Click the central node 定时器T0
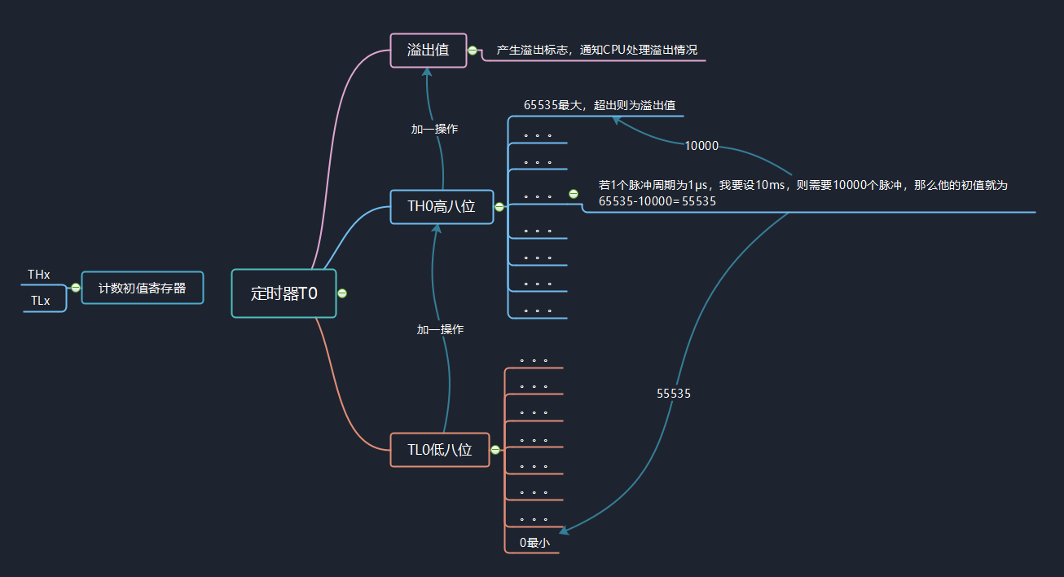[x=284, y=293]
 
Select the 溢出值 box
[x=429, y=51]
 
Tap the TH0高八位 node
[x=442, y=207]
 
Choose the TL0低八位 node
[x=440, y=450]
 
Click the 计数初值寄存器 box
[x=143, y=288]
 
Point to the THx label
[x=39, y=275]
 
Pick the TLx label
[x=40, y=301]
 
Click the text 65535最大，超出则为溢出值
[x=600, y=105]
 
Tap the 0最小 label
[x=534, y=543]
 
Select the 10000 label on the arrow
[x=701, y=146]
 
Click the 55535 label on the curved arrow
[x=674, y=394]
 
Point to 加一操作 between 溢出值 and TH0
[x=434, y=130]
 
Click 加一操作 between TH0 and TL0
[x=440, y=330]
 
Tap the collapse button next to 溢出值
[x=473, y=51]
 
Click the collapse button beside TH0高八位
[x=499, y=207]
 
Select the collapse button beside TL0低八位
[x=495, y=450]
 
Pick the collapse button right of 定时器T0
[x=342, y=293]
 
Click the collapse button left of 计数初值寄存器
[x=76, y=288]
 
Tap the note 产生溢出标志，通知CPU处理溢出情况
[x=596, y=51]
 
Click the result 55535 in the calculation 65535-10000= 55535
[x=699, y=201]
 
